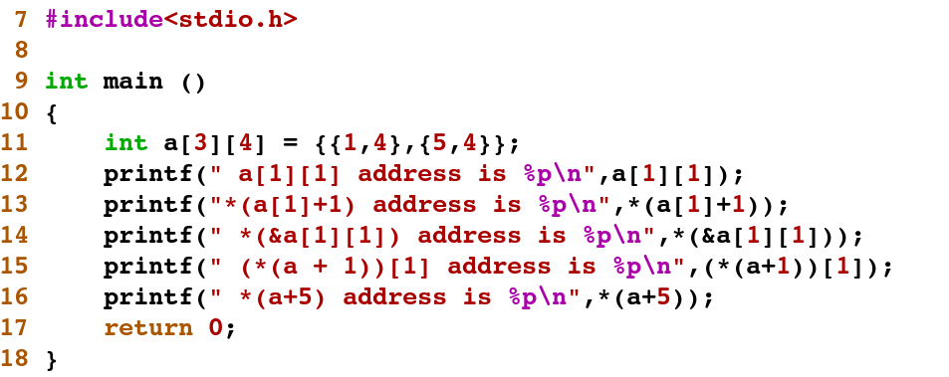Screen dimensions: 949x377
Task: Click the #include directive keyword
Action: click(105, 19)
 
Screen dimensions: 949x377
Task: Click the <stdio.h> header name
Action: click(231, 19)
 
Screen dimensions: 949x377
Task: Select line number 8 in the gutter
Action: click(21, 50)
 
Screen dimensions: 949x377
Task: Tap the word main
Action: click(133, 81)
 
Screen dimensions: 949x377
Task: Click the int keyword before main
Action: click(67, 81)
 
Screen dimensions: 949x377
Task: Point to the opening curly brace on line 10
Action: click(52, 112)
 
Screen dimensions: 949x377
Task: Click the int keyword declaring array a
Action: click(125, 143)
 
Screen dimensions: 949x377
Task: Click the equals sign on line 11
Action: click(290, 144)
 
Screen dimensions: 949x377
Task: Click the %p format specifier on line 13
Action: click(554, 205)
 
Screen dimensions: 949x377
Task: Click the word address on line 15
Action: click(499, 267)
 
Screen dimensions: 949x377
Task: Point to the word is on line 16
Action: click(475, 297)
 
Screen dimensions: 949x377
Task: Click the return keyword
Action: click(148, 328)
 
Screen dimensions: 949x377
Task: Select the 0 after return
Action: click(215, 328)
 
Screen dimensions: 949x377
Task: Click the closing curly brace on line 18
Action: click(52, 360)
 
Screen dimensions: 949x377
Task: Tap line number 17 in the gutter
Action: click(15, 328)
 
